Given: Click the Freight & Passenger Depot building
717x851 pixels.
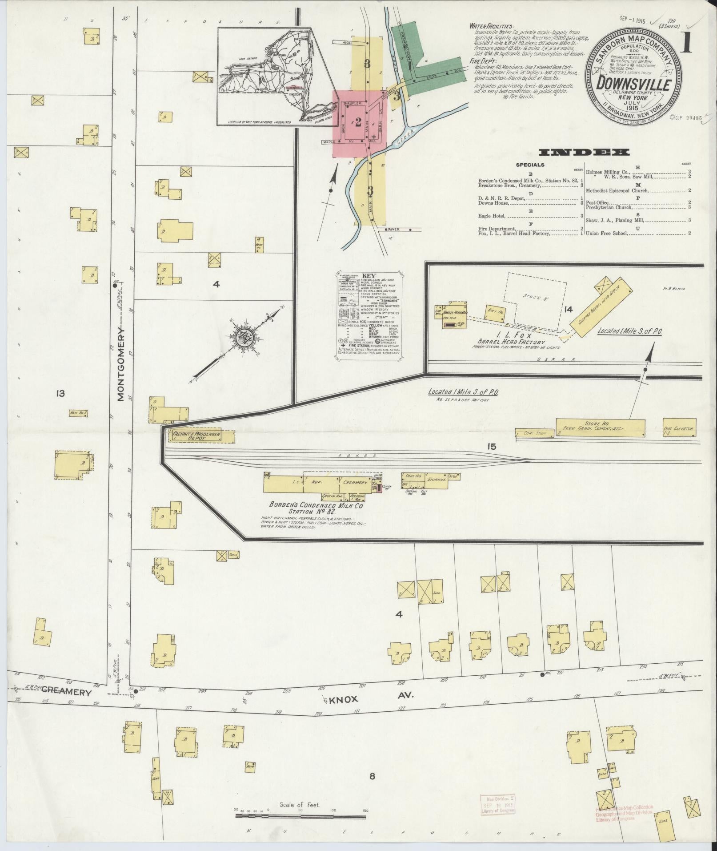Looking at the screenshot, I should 201,436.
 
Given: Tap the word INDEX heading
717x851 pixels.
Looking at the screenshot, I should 584,153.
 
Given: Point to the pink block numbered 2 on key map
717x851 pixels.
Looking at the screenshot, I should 358,123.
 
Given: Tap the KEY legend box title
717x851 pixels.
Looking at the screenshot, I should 369,275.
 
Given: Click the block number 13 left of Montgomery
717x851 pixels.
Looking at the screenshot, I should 60,393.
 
